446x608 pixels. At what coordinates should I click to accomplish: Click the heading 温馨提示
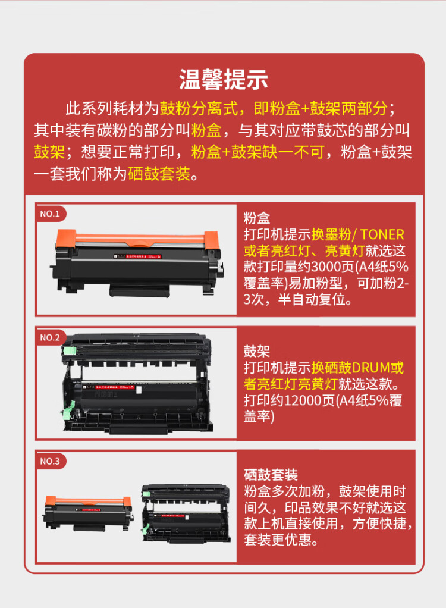click(x=223, y=79)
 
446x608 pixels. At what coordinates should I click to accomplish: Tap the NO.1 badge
click(x=50, y=214)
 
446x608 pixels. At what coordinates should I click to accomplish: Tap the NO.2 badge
click(x=50, y=337)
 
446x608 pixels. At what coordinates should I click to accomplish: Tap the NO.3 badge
click(x=50, y=461)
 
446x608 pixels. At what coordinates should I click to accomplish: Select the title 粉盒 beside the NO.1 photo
click(x=257, y=218)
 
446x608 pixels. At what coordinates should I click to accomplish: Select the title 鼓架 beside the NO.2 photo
click(x=257, y=351)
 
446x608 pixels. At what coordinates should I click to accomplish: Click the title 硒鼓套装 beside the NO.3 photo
click(x=271, y=475)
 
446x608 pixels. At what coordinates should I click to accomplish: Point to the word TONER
click(x=382, y=234)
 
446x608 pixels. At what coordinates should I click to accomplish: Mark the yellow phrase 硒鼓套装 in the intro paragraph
click(x=158, y=174)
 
